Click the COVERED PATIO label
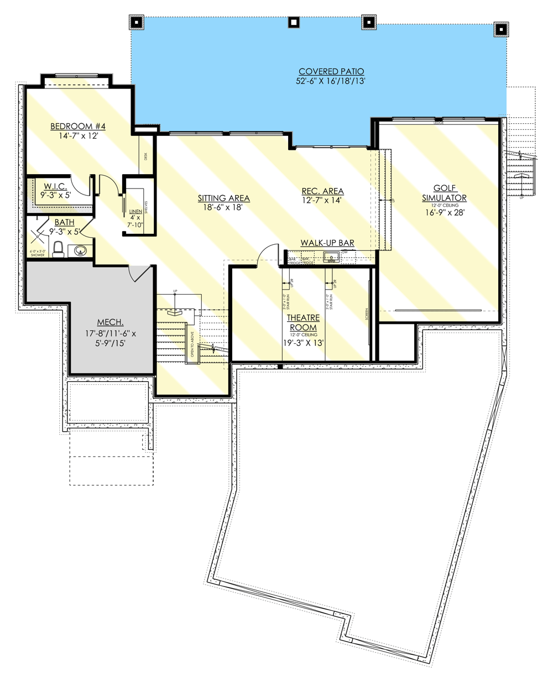[x=331, y=71]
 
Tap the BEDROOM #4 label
[x=78, y=126]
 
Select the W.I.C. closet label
[x=56, y=187]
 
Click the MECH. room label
[x=110, y=322]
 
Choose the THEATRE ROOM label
[x=303, y=322]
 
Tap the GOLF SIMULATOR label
[x=444, y=193]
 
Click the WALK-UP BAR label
[x=327, y=243]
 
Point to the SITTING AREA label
[x=224, y=198]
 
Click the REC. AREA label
[x=322, y=191]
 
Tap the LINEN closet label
[x=135, y=212]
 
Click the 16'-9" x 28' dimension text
[x=444, y=212]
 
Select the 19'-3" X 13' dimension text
[x=303, y=343]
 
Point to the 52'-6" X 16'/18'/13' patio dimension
[x=331, y=81]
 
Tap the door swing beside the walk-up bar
[x=269, y=254]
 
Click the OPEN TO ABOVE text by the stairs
[x=192, y=343]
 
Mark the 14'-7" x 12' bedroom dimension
[x=78, y=135]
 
